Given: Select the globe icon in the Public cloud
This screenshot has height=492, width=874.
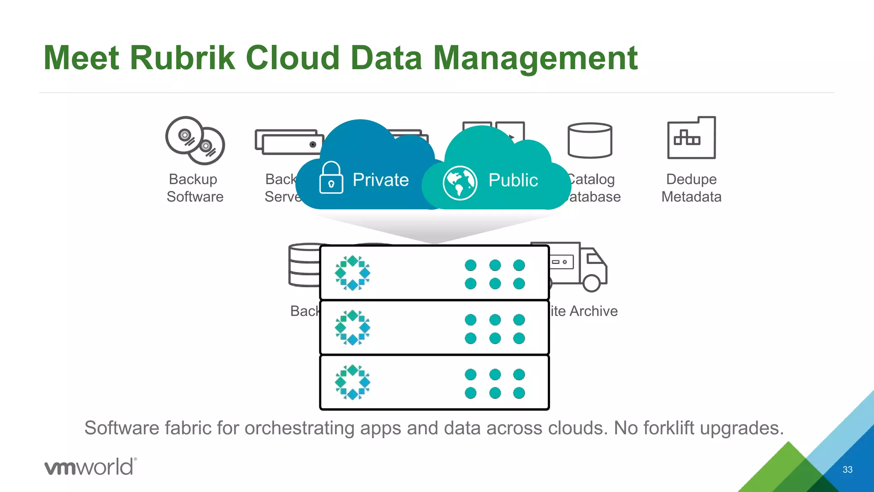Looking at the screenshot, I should coord(460,183).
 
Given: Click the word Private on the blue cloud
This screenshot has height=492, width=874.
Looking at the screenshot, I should coord(381,180).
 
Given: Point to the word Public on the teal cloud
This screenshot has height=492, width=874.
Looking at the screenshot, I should coord(513,180).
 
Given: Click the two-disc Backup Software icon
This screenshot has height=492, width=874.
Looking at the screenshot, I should coord(195,141).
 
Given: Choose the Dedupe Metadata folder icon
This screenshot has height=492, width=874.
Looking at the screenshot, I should coord(691,138).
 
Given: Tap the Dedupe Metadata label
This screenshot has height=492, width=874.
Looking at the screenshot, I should coord(691,188).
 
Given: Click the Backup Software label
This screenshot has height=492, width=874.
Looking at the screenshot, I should coord(195,188).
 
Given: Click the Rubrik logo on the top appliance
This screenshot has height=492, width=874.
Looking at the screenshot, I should coord(353,273).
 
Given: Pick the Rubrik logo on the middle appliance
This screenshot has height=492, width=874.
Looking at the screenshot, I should coord(353,328).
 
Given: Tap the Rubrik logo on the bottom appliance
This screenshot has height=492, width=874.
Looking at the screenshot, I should coord(353,382).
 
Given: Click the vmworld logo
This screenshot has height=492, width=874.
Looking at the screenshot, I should coord(90,466).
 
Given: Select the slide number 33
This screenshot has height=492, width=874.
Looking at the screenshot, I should coord(848,469).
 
